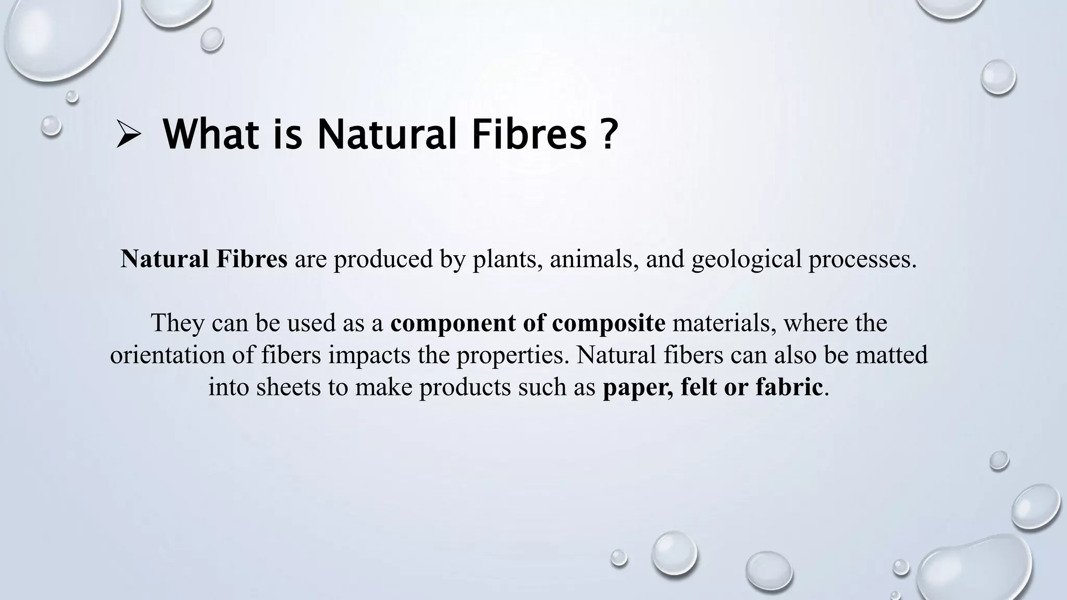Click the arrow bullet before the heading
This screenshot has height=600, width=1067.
pos(128,135)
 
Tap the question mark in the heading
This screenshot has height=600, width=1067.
pos(607,134)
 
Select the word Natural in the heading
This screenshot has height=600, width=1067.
pos(386,134)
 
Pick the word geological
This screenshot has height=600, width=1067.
pos(746,259)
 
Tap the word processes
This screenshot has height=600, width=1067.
pos(862,259)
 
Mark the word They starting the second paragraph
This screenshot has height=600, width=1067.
pos(178,323)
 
